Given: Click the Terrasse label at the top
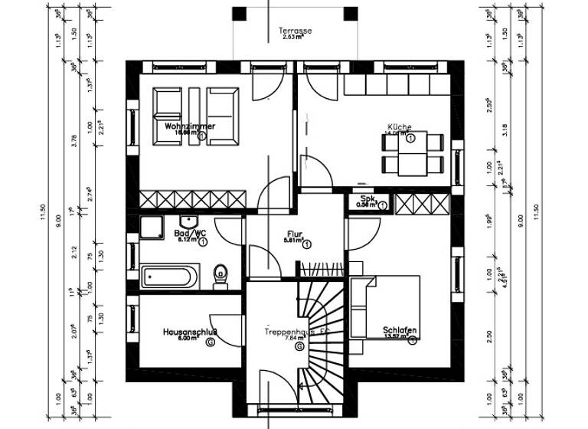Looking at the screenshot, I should pos(295,31).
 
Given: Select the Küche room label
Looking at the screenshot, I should pos(400,126).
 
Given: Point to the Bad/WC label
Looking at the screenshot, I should pos(190,233).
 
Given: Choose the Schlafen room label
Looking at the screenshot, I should pos(400,331).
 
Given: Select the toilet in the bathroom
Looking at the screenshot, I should pos(221,275).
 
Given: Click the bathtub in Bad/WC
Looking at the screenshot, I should pos(170,275).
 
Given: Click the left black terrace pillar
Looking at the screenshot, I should pos(239,13).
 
